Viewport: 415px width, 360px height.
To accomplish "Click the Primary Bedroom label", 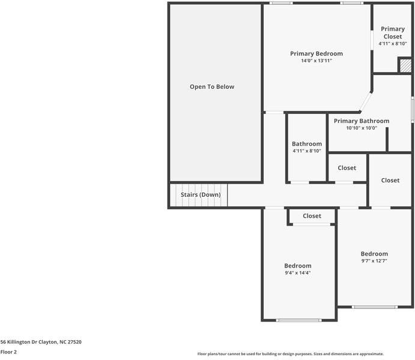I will (x=316, y=53).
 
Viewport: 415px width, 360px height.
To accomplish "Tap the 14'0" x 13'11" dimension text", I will (x=316, y=61).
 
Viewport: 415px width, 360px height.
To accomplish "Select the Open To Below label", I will (x=212, y=87).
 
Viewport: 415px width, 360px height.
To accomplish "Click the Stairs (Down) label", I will (x=201, y=195).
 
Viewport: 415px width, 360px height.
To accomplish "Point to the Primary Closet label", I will (x=393, y=32).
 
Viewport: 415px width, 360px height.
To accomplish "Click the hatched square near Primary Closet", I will (x=406, y=65).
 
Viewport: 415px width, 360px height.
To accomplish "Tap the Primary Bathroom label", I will (x=361, y=121).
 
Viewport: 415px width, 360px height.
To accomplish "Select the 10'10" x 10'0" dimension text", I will (x=361, y=128).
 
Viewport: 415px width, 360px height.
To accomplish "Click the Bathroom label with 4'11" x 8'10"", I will (x=307, y=144).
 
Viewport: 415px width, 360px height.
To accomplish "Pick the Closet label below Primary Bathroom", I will (x=347, y=168).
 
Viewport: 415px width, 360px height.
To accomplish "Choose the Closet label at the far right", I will (x=390, y=180).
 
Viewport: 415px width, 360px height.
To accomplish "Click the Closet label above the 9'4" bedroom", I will (x=312, y=216).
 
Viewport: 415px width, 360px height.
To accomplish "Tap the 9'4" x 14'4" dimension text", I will (x=298, y=273).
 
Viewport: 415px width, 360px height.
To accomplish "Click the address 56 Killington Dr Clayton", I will (x=41, y=342).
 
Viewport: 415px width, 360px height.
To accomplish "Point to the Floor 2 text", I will (x=8, y=352).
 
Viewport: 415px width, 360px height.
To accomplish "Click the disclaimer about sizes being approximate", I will (x=291, y=354).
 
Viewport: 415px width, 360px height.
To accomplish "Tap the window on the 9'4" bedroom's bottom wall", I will (x=298, y=320).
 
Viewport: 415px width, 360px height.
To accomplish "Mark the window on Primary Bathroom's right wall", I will (x=413, y=110).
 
